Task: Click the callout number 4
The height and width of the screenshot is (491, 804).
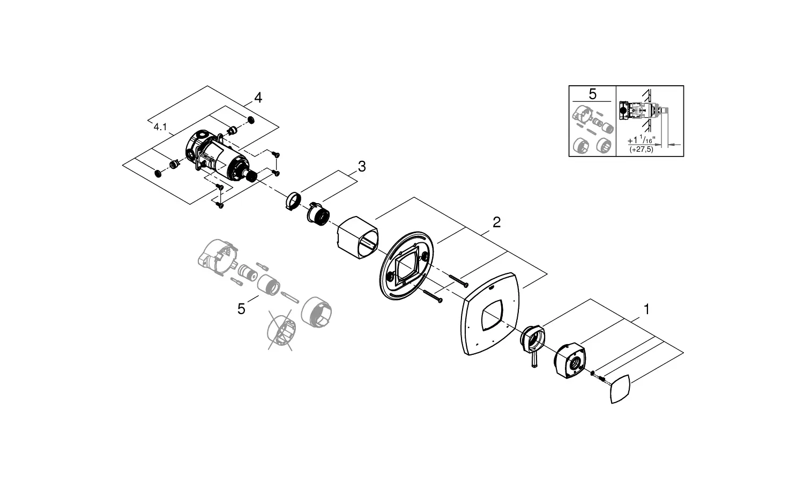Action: tap(258, 98)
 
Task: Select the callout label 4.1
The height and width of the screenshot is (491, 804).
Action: tap(160, 127)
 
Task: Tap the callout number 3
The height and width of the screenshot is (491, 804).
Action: tap(362, 167)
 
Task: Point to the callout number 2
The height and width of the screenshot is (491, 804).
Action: tap(497, 222)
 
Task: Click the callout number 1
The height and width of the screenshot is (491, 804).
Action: tap(646, 309)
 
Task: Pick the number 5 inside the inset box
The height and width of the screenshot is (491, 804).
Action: tap(593, 94)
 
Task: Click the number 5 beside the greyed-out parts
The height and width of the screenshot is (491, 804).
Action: tap(241, 309)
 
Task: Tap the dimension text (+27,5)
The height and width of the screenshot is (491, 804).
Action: tap(642, 150)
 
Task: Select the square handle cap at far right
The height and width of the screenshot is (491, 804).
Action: tap(620, 389)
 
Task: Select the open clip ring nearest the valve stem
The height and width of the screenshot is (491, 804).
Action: tap(294, 201)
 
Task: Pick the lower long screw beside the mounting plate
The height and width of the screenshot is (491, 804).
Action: tap(433, 296)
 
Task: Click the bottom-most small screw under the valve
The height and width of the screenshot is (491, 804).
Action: tap(219, 205)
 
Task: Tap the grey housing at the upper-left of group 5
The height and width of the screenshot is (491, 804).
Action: tap(218, 257)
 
